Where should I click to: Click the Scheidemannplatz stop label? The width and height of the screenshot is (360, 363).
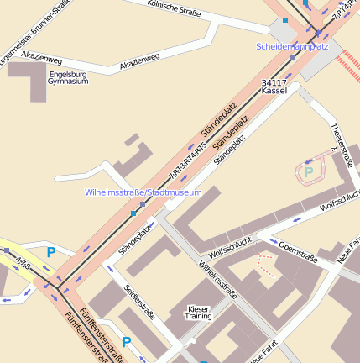pyautogui.click(x=292, y=46)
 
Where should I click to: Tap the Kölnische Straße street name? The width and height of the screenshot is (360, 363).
pyautogui.click(x=174, y=12)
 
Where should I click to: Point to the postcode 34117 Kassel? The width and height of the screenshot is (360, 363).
pyautogui.click(x=274, y=87)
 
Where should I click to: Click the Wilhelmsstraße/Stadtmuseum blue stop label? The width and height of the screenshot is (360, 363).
pyautogui.click(x=143, y=192)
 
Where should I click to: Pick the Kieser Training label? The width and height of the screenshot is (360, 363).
pyautogui.click(x=198, y=313)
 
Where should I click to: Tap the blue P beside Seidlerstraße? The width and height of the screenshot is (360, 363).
pyautogui.click(x=127, y=342)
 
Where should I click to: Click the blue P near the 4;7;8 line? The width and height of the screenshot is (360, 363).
pyautogui.click(x=51, y=251)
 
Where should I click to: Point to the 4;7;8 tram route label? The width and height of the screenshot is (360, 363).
pyautogui.click(x=23, y=264)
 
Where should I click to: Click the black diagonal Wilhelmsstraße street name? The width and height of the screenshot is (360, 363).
pyautogui.click(x=218, y=281)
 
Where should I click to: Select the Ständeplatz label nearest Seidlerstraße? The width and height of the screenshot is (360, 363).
pyautogui.click(x=136, y=239)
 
